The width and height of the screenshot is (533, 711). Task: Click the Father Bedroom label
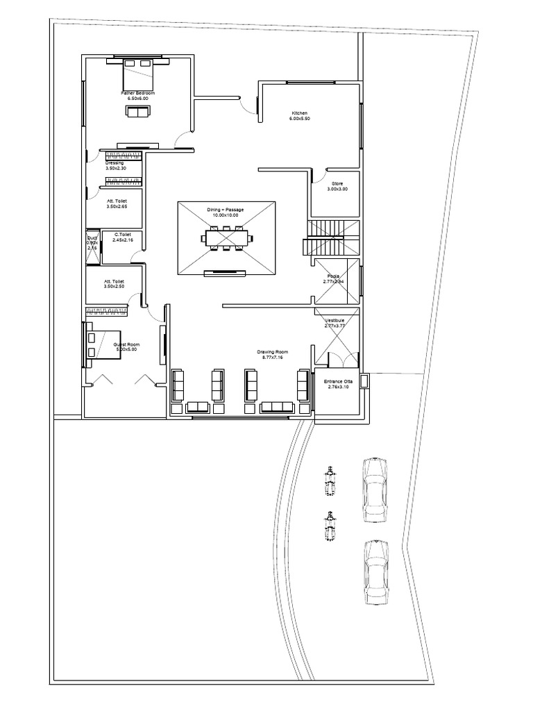tap(138, 93)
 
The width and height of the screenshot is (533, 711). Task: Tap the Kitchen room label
tap(299, 113)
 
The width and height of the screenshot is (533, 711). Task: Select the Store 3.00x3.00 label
tap(338, 184)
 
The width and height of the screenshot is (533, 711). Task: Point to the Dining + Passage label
tap(226, 209)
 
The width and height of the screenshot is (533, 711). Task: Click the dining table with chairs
tap(226, 238)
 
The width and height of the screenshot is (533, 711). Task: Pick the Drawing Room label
tap(272, 353)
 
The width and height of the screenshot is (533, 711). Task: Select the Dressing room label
tap(115, 163)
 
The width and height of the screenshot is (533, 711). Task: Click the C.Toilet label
tap(123, 235)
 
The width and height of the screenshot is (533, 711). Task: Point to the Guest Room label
tap(127, 345)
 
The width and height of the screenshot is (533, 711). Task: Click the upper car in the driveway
tap(375, 489)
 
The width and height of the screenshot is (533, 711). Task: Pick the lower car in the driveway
tap(375, 574)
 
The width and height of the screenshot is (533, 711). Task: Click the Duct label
tap(92, 237)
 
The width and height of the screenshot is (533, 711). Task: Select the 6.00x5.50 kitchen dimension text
tap(299, 119)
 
